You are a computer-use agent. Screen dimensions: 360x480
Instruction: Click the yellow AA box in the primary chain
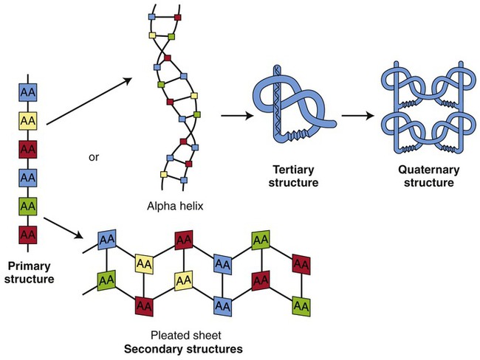click(28, 120)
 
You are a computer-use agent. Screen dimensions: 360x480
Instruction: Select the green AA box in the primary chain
click(28, 206)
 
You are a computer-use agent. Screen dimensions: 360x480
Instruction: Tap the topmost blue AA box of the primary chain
click(28, 91)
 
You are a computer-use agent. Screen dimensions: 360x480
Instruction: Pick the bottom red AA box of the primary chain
click(28, 235)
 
